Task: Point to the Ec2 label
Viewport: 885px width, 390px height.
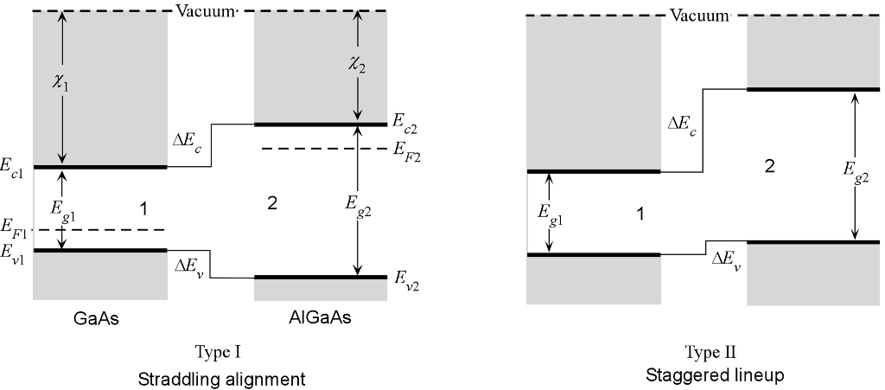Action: [404, 128]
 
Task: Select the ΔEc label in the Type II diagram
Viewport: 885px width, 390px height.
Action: [682, 125]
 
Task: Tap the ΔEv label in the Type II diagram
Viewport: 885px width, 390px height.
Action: [725, 258]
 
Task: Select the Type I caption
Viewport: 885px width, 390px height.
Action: [219, 352]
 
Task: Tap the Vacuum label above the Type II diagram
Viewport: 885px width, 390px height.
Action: [699, 15]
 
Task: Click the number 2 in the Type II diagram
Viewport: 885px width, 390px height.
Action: [769, 167]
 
